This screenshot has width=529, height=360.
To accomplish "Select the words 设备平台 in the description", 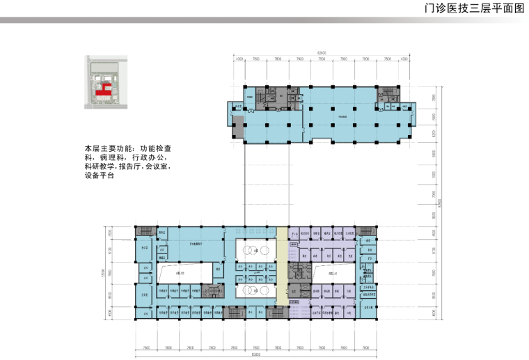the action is pyautogui.click(x=99, y=177).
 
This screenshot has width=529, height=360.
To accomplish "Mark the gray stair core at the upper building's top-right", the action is pyautogui.click(x=387, y=92).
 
